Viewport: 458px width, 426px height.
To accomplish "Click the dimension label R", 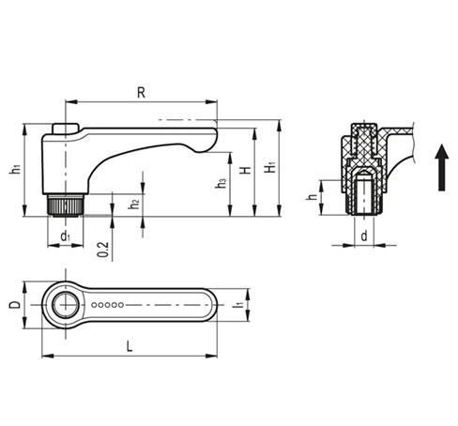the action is pyautogui.click(x=141, y=93).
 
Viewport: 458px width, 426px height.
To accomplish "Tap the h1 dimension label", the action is pyautogui.click(x=16, y=169).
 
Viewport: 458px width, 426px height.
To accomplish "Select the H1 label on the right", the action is pyautogui.click(x=270, y=167).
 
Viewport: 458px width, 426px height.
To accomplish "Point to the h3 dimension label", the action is pyautogui.click(x=221, y=183).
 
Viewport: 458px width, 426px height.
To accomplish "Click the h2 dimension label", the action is pyautogui.click(x=134, y=204).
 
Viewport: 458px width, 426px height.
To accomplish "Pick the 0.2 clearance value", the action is pyautogui.click(x=103, y=250).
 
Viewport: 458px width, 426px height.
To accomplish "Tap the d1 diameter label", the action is pyautogui.click(x=66, y=236).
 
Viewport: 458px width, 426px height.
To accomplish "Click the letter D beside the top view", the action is pyautogui.click(x=15, y=305).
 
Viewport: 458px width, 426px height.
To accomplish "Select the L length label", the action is pyautogui.click(x=130, y=346).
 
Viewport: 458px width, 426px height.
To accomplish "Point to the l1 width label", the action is pyautogui.click(x=238, y=304).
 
